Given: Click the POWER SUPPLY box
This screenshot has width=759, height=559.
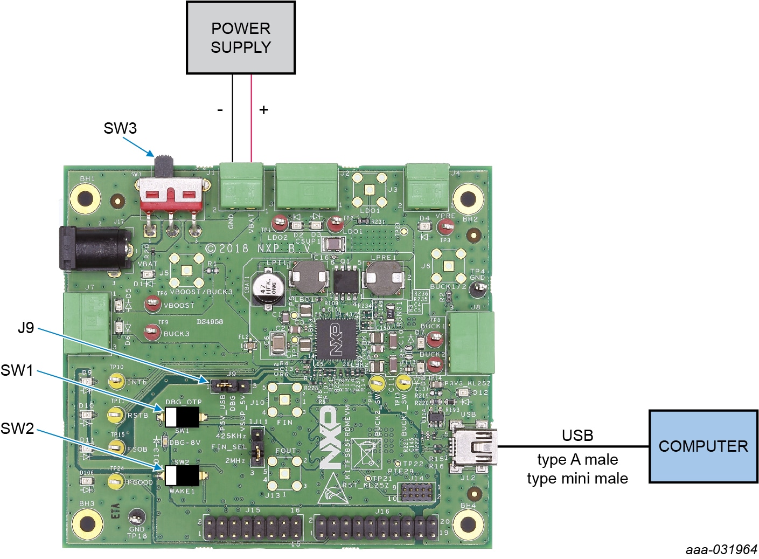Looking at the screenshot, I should [x=240, y=38].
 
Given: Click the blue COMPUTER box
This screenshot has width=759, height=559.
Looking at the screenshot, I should [x=702, y=446].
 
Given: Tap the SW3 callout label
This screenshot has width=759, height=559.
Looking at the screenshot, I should [x=120, y=128].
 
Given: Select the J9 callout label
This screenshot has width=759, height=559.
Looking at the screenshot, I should [x=26, y=328].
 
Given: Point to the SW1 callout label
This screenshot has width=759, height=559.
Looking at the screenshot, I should [x=17, y=370].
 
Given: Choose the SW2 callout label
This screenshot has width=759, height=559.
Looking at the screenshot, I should [x=17, y=429].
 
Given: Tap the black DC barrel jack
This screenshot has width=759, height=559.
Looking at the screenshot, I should [x=94, y=249].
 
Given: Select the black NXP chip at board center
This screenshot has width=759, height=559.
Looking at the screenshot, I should [x=336, y=339].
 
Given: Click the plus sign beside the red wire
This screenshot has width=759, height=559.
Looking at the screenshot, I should [x=263, y=109].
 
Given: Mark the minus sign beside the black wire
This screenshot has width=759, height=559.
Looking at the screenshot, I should [x=220, y=109].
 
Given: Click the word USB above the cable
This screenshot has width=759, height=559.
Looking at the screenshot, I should [x=577, y=435].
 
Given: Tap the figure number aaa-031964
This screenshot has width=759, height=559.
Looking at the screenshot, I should [x=721, y=549].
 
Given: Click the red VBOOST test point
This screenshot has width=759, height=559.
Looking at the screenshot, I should [x=152, y=305].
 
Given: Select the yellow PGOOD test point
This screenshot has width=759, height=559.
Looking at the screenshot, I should [x=115, y=481].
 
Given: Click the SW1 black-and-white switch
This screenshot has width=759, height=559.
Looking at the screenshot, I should [x=182, y=417].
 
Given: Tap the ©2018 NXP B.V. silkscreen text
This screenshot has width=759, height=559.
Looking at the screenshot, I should [x=258, y=249].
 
